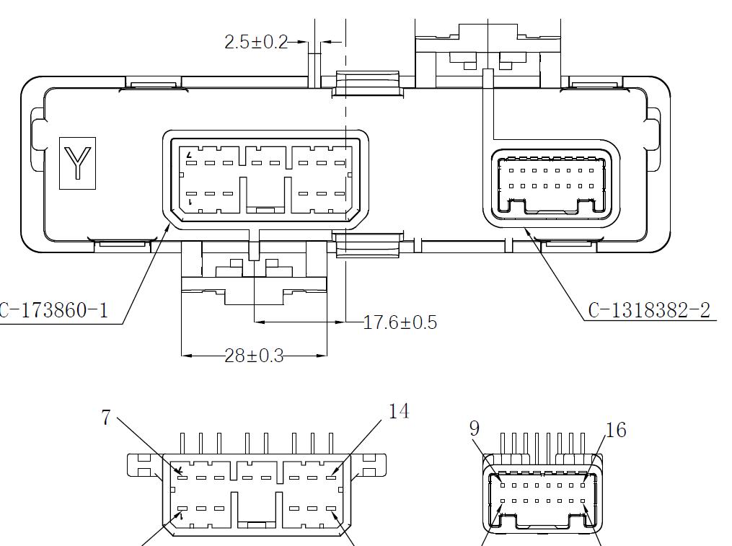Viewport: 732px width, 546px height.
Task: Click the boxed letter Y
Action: click(x=77, y=163)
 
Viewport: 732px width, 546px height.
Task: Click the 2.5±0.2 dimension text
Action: click(x=255, y=42)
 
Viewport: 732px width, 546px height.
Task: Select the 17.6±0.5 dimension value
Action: click(x=400, y=322)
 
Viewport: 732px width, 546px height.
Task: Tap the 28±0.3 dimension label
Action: click(x=254, y=356)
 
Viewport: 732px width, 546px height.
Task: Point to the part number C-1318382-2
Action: click(x=649, y=310)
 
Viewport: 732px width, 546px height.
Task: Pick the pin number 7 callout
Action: click(x=106, y=418)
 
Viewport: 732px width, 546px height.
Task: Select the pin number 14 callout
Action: click(x=398, y=411)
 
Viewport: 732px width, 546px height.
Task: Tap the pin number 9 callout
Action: click(x=474, y=428)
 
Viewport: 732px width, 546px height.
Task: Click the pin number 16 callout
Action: click(x=616, y=431)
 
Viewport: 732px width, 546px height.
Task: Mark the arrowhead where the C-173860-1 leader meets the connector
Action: click(x=170, y=224)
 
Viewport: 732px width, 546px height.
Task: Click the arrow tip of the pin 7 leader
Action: click(x=184, y=475)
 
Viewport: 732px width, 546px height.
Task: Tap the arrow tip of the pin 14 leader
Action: click(x=330, y=475)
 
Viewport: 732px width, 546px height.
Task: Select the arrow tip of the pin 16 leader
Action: click(x=583, y=477)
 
